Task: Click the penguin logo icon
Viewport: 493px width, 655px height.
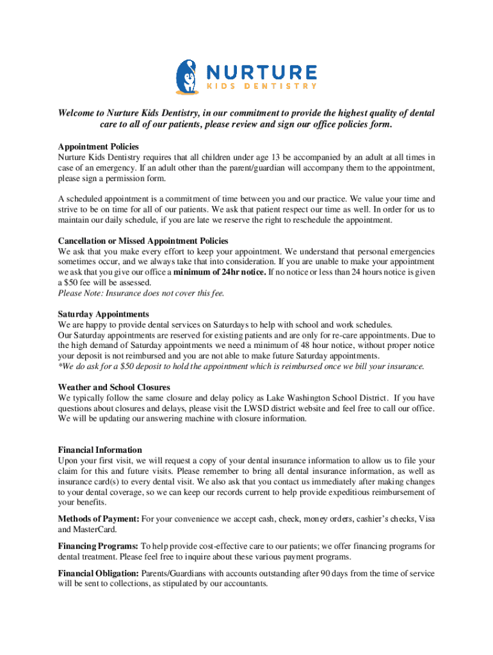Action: click(187, 76)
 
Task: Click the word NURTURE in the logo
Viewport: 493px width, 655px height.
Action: click(261, 72)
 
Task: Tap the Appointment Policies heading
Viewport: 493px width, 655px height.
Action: click(98, 147)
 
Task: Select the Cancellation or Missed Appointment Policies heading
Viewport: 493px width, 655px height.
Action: click(143, 241)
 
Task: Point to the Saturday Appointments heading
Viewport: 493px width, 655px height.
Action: click(103, 314)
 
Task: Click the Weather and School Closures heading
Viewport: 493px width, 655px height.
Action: click(114, 388)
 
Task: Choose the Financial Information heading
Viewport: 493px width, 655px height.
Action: click(100, 450)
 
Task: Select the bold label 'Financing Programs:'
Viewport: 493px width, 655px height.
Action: click(98, 546)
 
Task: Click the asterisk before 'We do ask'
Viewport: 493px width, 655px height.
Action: click(60, 366)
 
